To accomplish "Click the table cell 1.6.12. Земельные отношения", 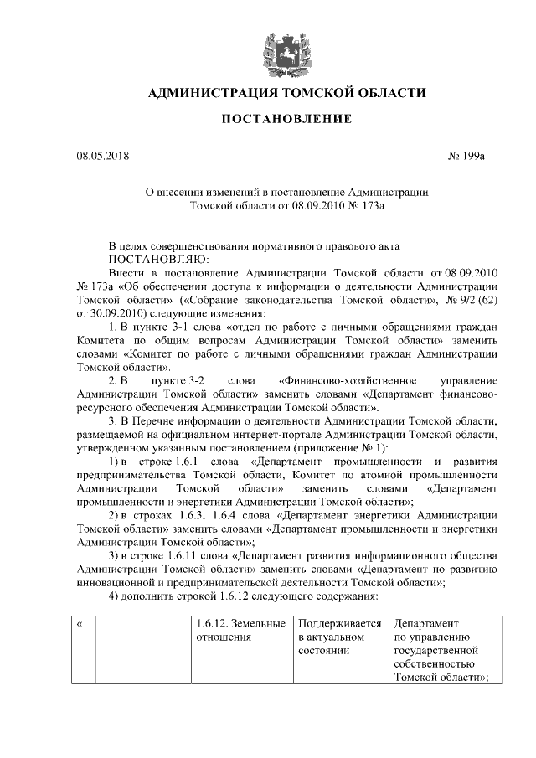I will point(240,630).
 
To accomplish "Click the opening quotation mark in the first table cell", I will point(80,624).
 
